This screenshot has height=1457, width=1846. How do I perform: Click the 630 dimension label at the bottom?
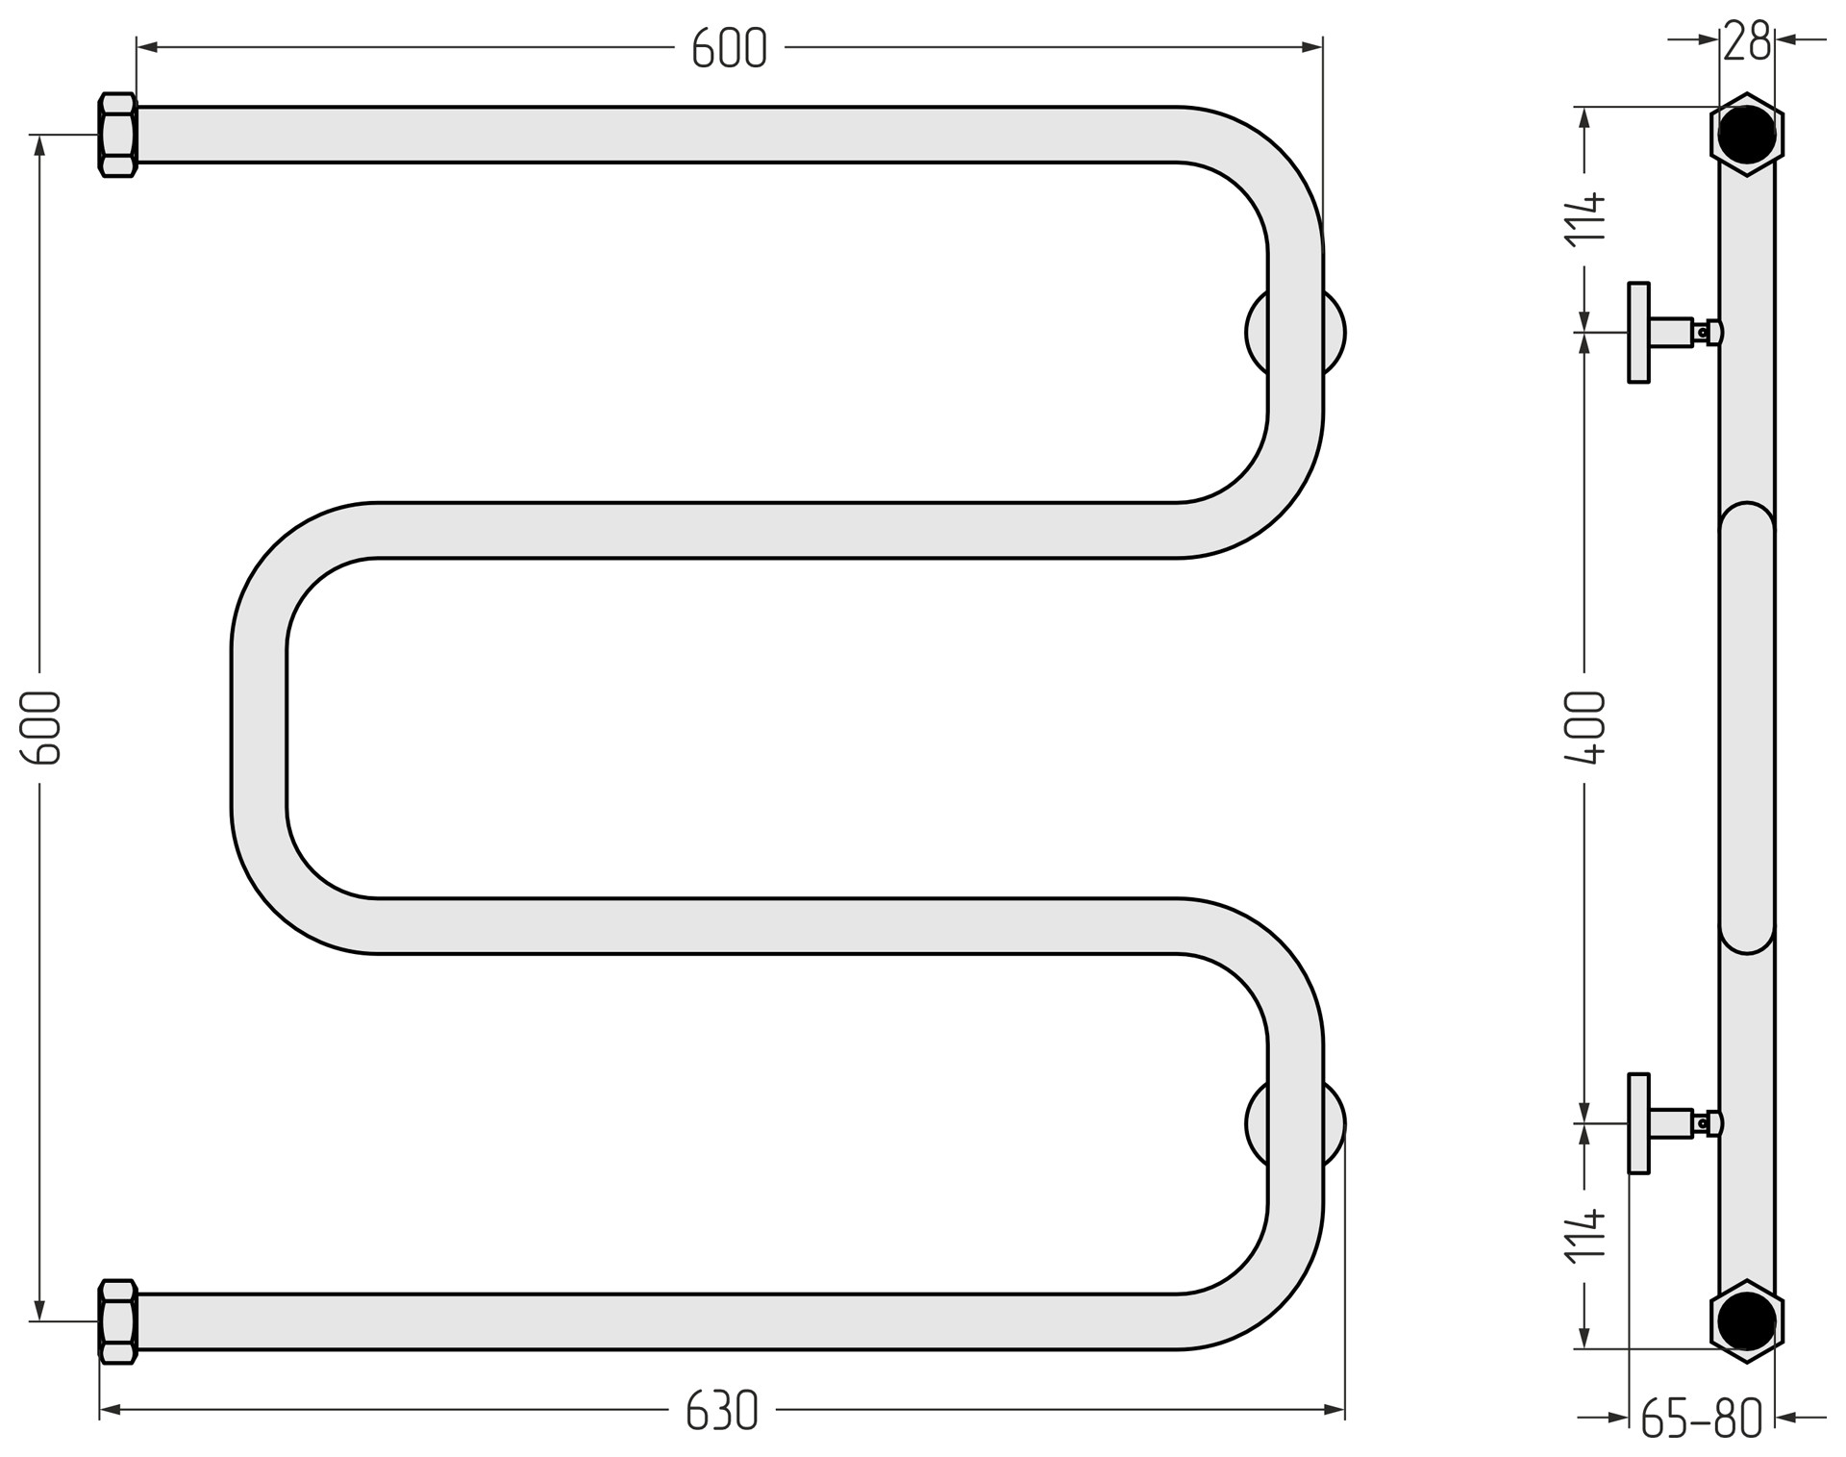point(722,1411)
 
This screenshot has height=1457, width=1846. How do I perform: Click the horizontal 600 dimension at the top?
point(729,47)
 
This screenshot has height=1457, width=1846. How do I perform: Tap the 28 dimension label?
point(1746,40)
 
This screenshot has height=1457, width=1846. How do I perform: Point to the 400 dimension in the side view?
point(1585,727)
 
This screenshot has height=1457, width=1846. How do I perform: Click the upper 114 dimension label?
point(1585,219)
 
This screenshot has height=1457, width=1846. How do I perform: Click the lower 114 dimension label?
point(1585,1235)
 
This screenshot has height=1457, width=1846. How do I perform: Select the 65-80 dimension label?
point(1701,1419)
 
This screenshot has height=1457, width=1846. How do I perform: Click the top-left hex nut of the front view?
point(118,135)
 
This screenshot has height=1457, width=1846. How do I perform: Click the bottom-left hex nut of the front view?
point(118,1321)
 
